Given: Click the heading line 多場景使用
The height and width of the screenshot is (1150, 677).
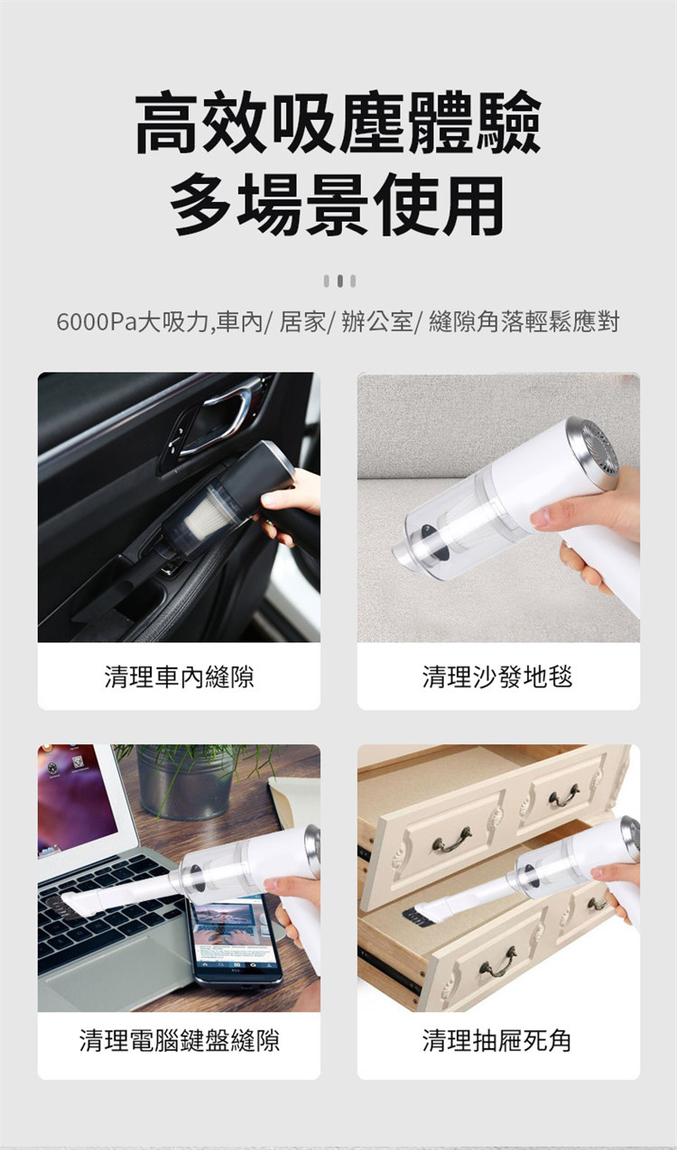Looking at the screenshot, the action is [x=337, y=205].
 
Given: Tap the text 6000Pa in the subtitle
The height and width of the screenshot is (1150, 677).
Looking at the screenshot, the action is [x=96, y=322].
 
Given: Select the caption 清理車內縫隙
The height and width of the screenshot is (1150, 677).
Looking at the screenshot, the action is [x=179, y=676].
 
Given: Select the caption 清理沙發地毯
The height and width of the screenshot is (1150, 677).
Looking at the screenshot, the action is [x=497, y=676].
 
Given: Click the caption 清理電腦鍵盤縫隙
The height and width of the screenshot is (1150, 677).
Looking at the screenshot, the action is [x=180, y=1041].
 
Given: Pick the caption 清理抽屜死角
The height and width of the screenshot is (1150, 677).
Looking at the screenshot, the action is [x=497, y=1041].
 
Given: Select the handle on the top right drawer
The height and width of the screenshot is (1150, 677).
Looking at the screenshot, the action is [x=563, y=796].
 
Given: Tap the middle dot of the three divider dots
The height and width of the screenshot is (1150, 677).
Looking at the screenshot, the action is [x=339, y=281].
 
